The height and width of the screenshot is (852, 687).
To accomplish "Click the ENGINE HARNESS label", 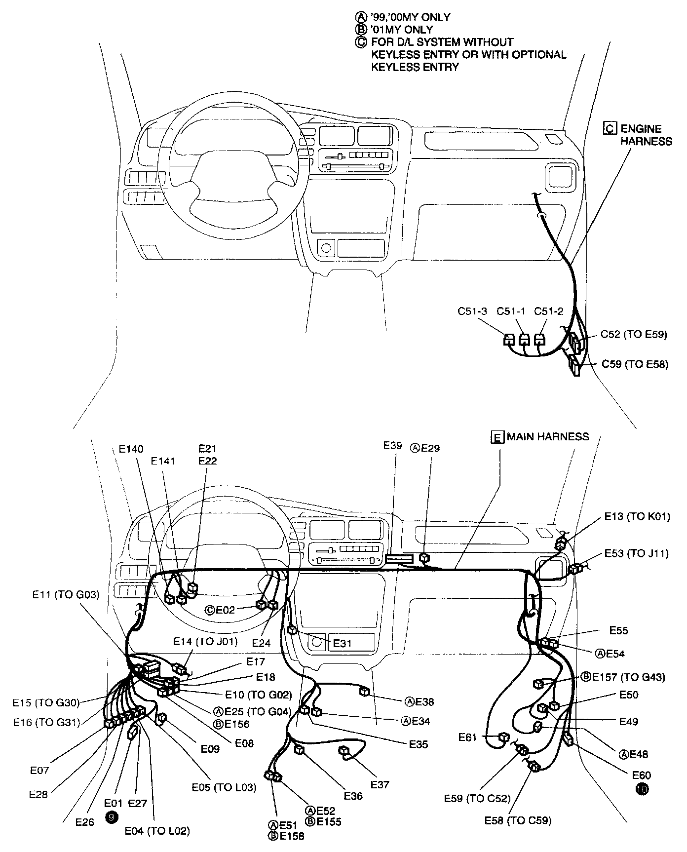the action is click(646, 135).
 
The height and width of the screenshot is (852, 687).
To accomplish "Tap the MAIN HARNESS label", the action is click(548, 436).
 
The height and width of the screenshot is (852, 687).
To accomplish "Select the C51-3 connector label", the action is click(472, 311).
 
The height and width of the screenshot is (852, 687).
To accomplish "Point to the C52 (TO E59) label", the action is click(634, 334).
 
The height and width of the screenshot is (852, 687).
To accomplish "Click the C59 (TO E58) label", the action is click(635, 364).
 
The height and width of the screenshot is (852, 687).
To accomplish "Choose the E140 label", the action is click(131, 449).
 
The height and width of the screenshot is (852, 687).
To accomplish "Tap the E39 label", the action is click(393, 445).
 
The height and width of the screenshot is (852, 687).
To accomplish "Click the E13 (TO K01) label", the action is click(637, 516).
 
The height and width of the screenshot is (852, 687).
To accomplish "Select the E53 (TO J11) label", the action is click(637, 553).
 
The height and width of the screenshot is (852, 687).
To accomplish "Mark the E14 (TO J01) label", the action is click(205, 642).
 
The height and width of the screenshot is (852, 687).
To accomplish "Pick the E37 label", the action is click(380, 784).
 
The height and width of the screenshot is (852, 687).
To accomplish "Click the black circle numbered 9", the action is click(112, 817).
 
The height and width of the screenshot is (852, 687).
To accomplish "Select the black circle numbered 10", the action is click(643, 789).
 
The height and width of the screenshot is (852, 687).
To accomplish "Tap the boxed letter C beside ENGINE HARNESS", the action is click(611, 128).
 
